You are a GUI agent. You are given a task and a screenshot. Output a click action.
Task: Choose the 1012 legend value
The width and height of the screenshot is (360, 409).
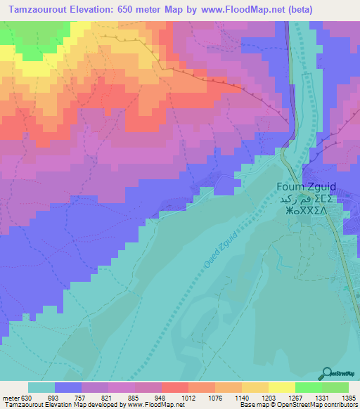188,397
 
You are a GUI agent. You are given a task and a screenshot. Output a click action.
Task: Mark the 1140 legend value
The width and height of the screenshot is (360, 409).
241,397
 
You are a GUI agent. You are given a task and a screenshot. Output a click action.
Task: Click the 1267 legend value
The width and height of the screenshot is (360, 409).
295,397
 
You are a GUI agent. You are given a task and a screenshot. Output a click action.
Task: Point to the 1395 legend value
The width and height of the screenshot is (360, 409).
347,397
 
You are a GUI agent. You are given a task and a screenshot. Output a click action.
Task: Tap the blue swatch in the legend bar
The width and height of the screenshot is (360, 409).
68,387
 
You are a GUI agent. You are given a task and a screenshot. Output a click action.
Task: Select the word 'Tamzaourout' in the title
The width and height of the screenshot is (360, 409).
35,9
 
